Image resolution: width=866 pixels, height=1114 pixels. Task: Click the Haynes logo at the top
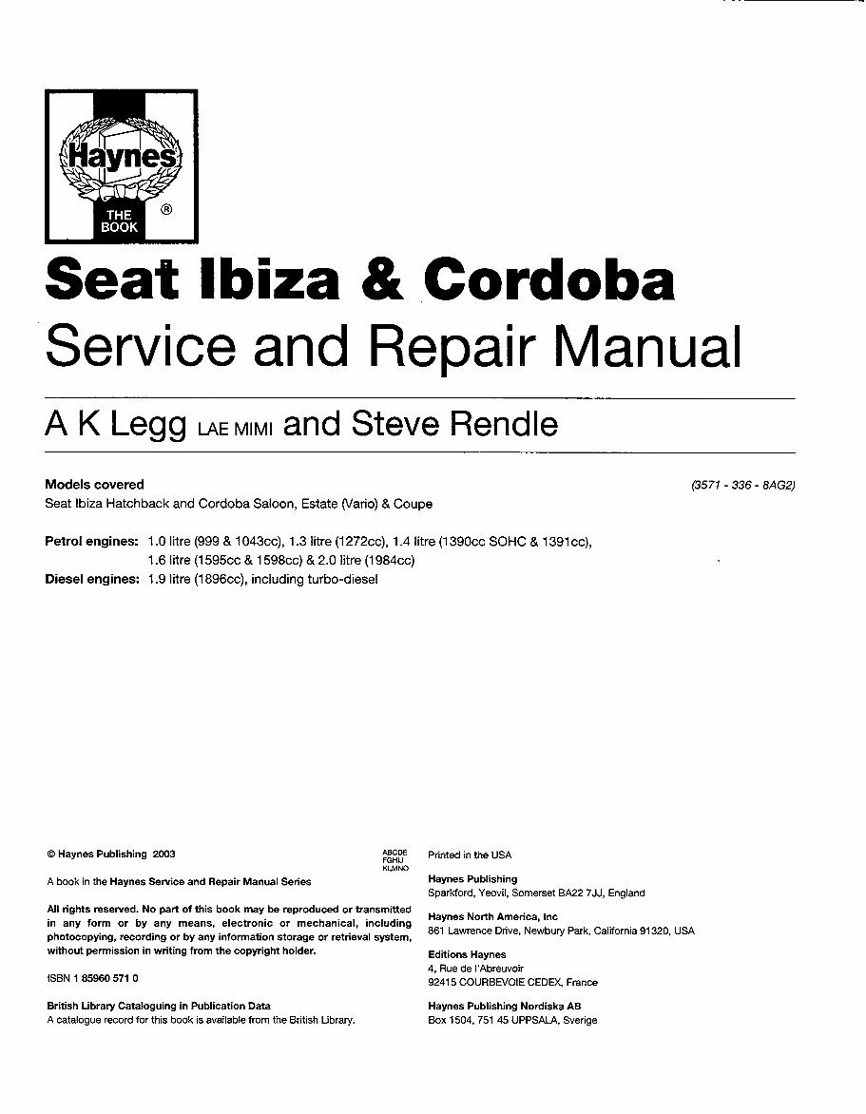click(x=121, y=165)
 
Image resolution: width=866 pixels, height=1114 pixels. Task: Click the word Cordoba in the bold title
click(x=548, y=281)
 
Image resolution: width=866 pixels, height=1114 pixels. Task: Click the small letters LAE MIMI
click(x=235, y=429)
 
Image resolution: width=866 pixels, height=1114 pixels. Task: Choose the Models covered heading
click(x=95, y=485)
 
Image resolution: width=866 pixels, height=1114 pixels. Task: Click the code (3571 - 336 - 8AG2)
click(x=742, y=485)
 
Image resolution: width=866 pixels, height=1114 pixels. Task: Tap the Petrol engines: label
click(x=92, y=542)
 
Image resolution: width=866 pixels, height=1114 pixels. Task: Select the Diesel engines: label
click(x=92, y=579)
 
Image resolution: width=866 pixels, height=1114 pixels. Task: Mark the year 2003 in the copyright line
click(x=163, y=855)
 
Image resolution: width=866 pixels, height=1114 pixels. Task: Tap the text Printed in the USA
click(x=470, y=855)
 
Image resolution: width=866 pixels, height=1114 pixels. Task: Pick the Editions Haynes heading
click(x=467, y=954)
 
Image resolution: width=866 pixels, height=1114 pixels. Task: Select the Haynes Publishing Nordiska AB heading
click(x=505, y=1006)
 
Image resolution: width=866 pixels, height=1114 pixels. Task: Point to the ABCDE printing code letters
click(x=395, y=852)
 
